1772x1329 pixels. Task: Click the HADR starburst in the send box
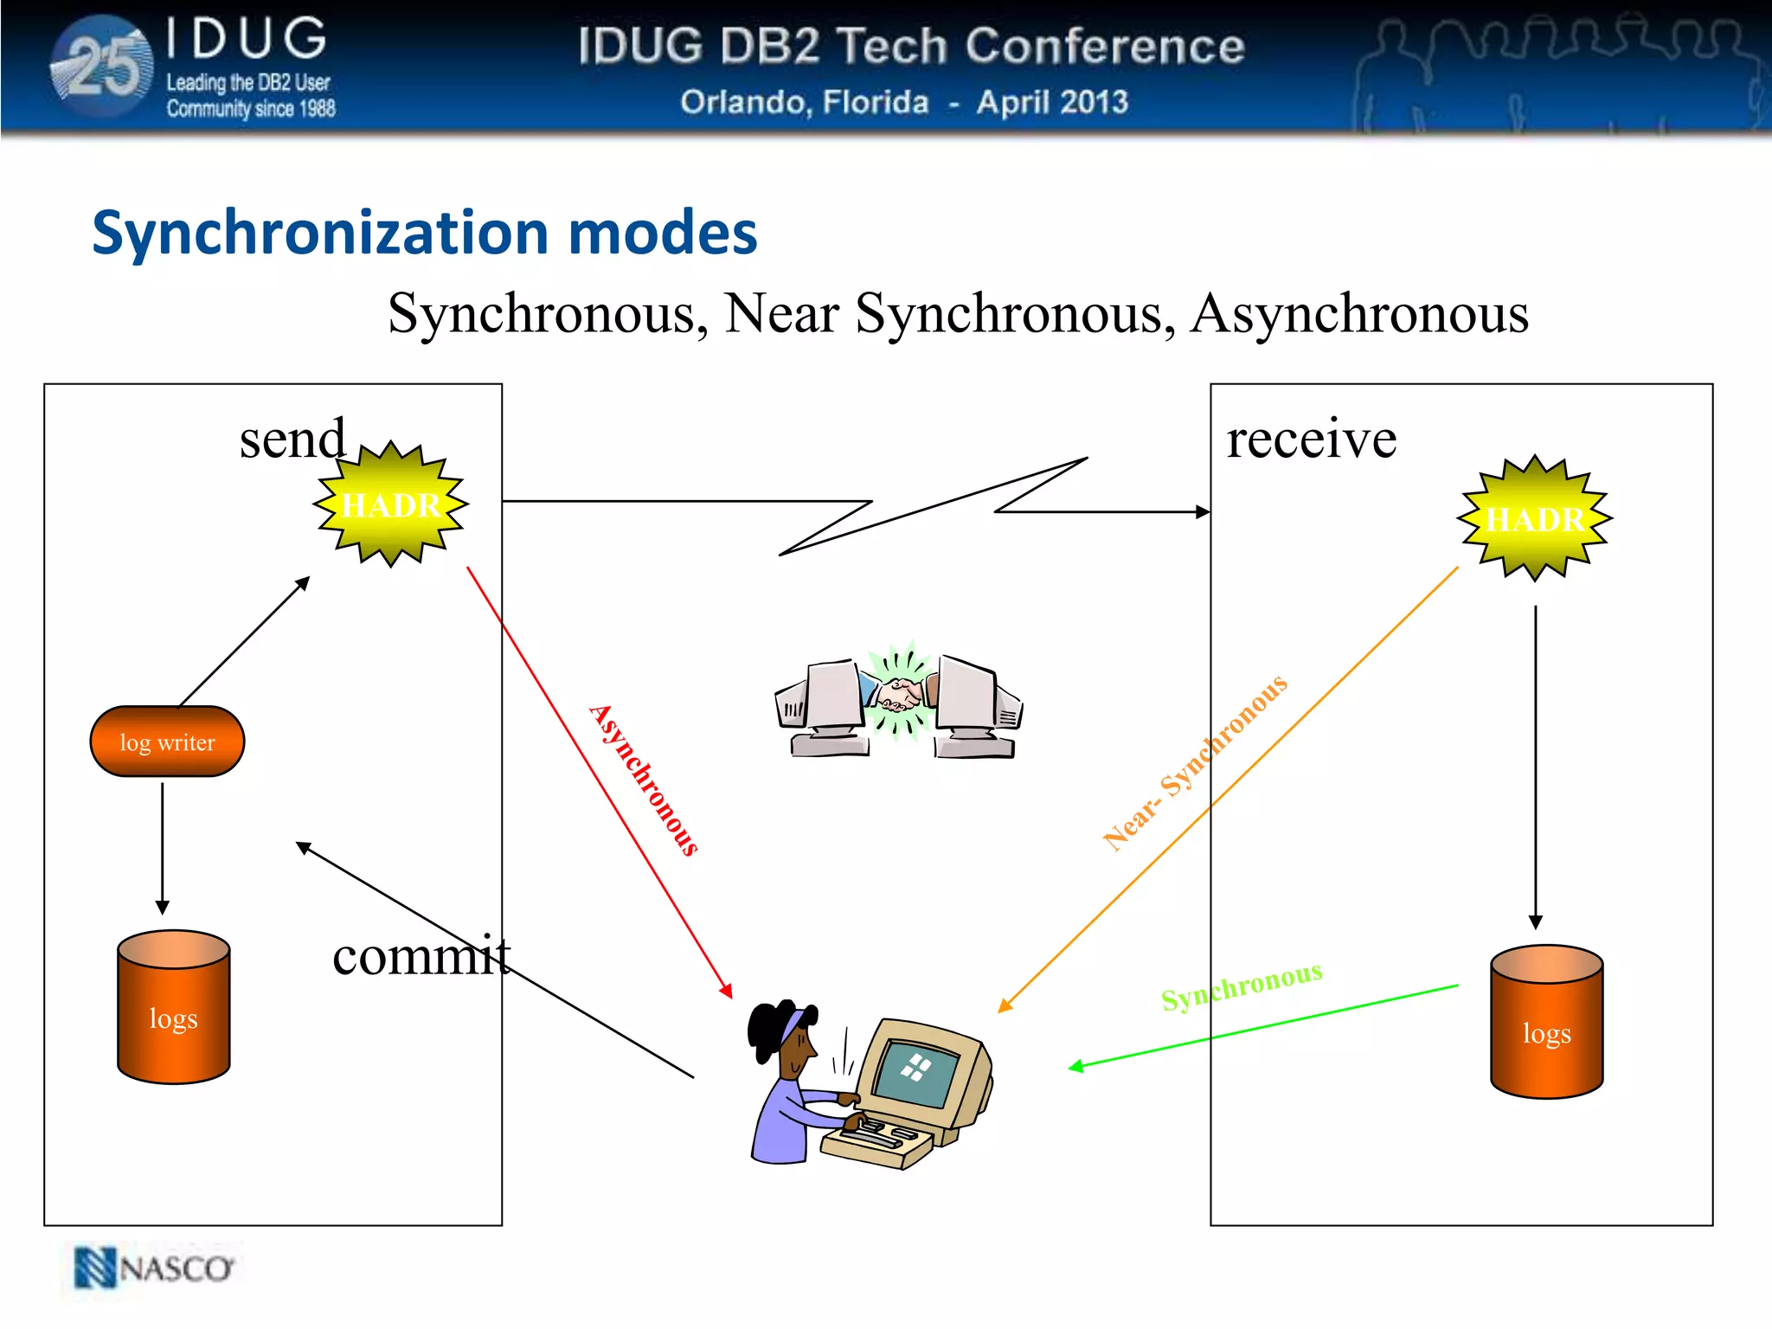pos(391,504)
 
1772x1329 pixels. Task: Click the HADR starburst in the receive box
pos(1534,519)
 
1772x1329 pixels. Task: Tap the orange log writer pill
pos(168,742)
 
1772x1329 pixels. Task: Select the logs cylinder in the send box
pos(174,1008)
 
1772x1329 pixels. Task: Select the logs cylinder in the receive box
pos(1546,1023)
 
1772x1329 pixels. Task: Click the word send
pos(292,439)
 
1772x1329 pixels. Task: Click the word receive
pos(1311,439)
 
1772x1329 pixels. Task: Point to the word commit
pos(421,956)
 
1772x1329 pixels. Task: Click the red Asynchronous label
pos(644,780)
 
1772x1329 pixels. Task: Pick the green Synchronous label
pos(1242,986)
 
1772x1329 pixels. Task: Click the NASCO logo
pos(154,1268)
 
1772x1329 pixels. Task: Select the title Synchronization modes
pos(424,233)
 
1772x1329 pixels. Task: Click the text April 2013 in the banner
pos(1052,102)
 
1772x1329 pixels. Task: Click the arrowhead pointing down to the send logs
pos(162,907)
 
